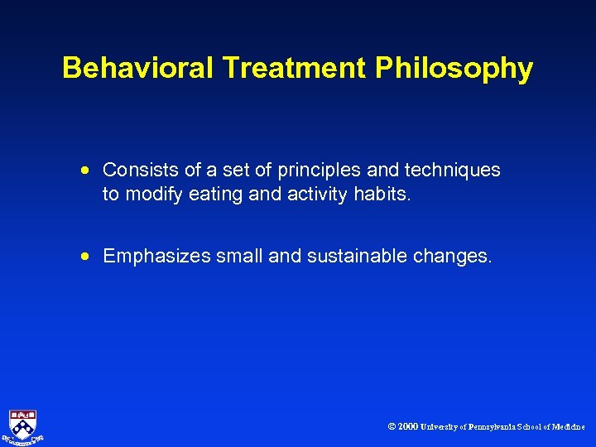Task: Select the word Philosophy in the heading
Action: coord(454,68)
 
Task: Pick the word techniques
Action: coord(456,170)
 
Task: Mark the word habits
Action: coord(384,195)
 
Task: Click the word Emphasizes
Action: coord(156,256)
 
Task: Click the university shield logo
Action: coord(23,425)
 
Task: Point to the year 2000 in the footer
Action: coord(407,427)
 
